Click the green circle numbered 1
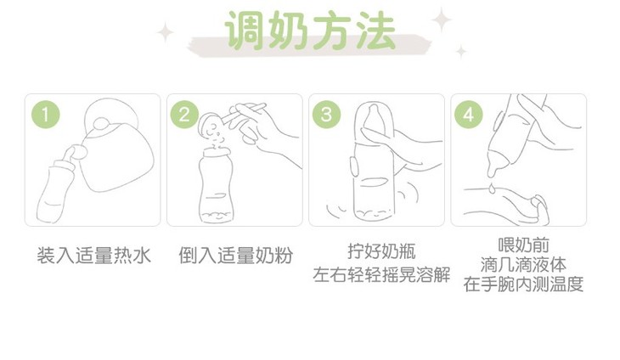pos(46,115)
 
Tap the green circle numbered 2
pos(184,115)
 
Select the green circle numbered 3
pos(327,115)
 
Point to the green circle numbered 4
pos(469,115)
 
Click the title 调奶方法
pos(311,31)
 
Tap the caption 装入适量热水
pos(93,256)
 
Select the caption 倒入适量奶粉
pos(235,256)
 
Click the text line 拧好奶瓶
pos(382,251)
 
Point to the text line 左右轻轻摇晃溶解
pos(381,274)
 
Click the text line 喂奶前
pos(523,245)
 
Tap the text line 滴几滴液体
pos(523,264)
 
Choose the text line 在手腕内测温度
pos(523,284)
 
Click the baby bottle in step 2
pos(216,185)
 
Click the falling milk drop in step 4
pos(492,188)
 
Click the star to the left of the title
pos(166,32)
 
